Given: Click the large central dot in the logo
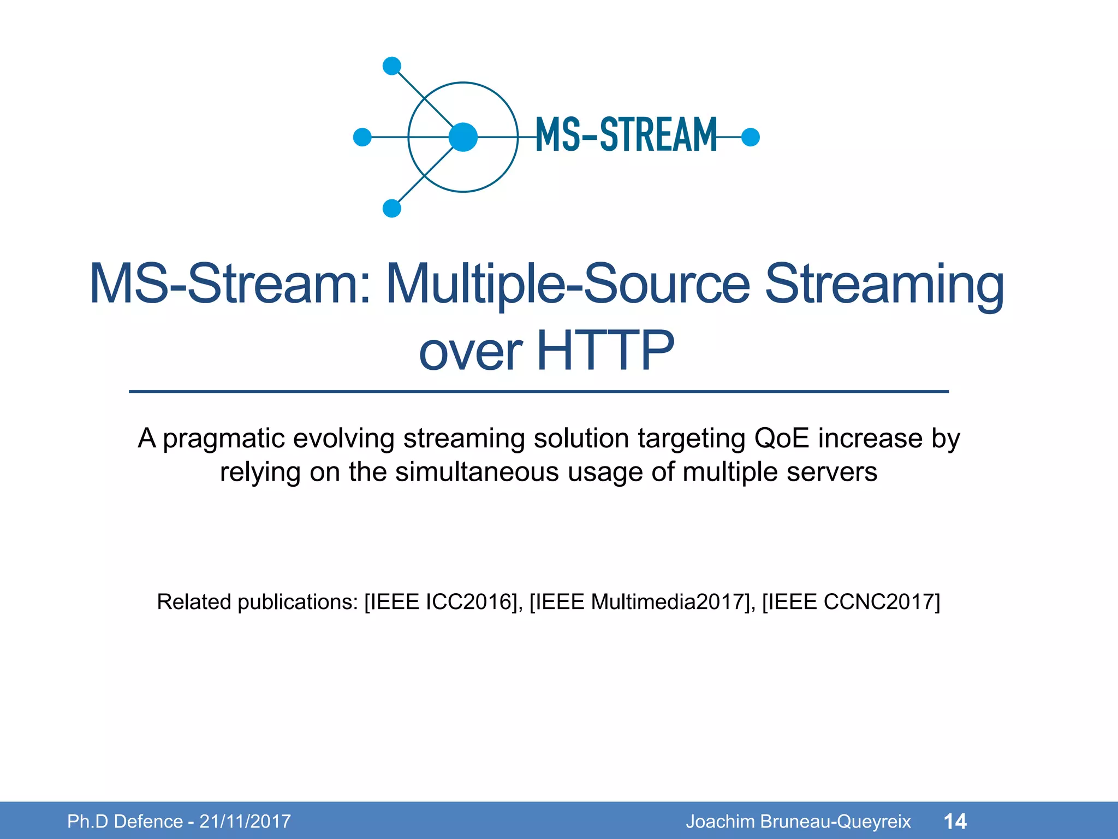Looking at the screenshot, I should coord(463,137).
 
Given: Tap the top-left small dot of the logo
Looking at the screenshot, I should coord(392,66).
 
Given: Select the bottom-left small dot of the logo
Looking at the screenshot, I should coord(392,208).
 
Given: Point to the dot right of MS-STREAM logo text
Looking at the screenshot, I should coord(751,137).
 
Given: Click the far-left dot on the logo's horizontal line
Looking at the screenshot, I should coord(362,137).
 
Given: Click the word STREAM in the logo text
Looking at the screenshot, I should coord(658,135).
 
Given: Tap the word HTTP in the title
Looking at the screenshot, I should coord(605,351).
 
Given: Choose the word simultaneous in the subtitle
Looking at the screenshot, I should coord(477,472).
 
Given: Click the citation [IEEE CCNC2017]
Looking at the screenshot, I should coord(851,602).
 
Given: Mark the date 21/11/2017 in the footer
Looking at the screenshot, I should coord(245,822).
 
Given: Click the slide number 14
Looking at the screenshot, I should coord(955,822).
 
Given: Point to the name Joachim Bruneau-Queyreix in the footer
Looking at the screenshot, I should coord(798,822).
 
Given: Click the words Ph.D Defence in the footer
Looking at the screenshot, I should coord(125,822).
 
